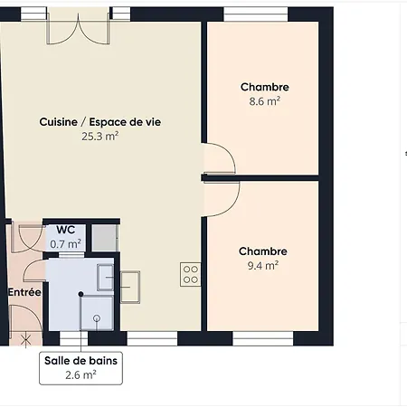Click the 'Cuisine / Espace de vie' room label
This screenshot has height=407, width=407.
(x=100, y=121)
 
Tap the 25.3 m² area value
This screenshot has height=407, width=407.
(x=100, y=137)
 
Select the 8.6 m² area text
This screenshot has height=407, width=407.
(x=265, y=102)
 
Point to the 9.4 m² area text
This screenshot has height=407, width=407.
(x=263, y=266)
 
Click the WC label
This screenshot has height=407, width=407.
(x=66, y=230)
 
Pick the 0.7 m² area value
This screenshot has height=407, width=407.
(x=66, y=243)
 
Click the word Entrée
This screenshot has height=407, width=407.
(x=24, y=292)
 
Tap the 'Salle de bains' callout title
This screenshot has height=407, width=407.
(x=80, y=359)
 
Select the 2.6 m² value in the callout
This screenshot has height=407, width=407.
(x=80, y=374)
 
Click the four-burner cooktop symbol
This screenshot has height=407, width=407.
(x=190, y=273)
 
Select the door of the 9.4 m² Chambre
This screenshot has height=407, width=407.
(x=221, y=194)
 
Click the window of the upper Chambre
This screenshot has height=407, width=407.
(x=262, y=14)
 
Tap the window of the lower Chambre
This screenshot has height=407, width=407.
(x=263, y=338)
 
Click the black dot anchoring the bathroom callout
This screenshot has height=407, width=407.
(x=80, y=294)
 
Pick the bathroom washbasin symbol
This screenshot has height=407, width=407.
(x=105, y=274)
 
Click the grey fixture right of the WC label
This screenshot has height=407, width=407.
(x=105, y=236)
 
